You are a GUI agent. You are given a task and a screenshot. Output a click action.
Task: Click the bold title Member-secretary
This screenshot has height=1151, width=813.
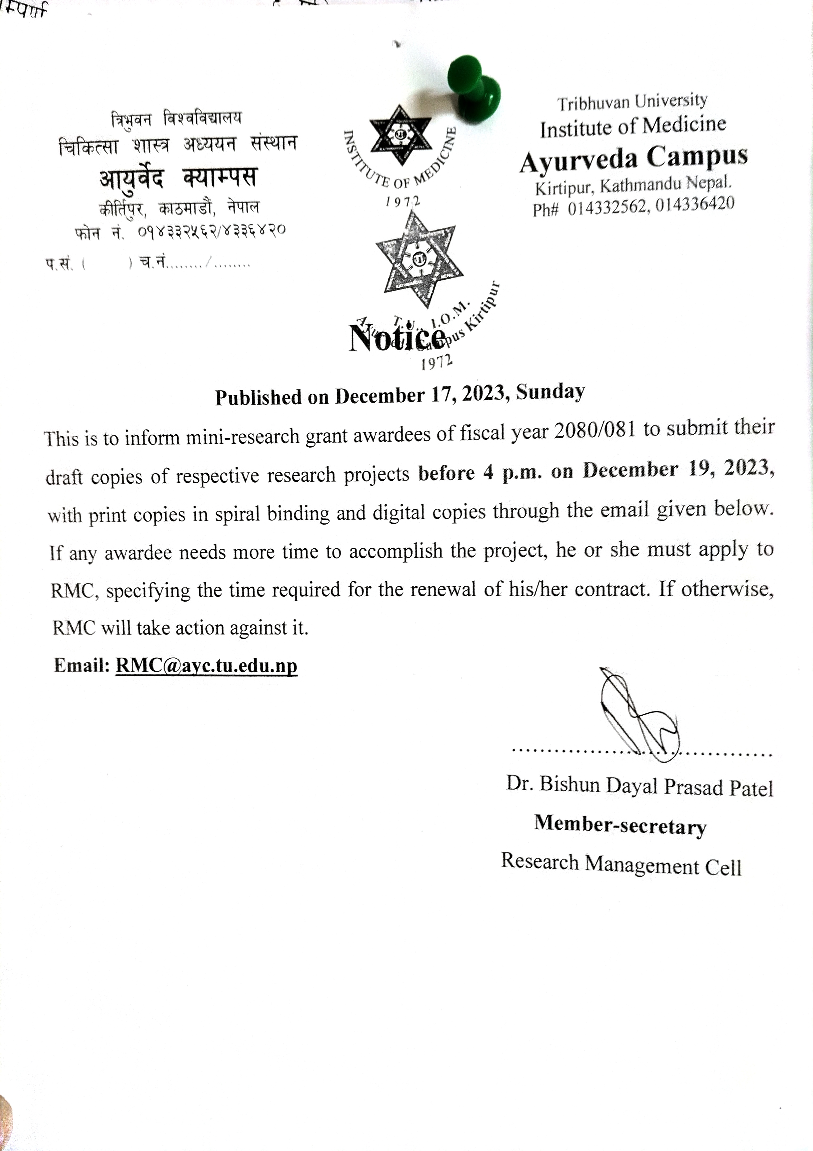tap(620, 825)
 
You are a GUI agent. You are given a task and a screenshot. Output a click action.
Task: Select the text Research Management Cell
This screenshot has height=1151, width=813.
tap(621, 864)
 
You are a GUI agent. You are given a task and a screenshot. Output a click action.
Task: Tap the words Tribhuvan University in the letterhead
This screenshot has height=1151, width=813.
tap(632, 102)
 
